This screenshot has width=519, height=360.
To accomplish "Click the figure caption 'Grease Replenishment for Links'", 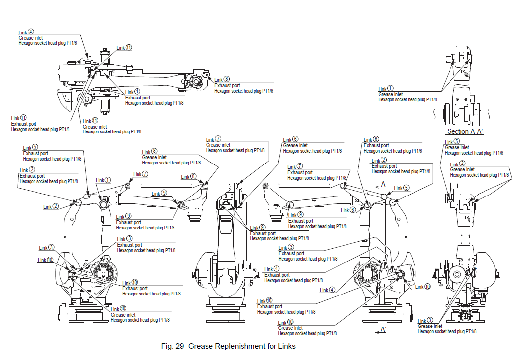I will pyautogui.click(x=228, y=346).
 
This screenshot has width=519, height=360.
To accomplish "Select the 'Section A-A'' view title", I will pyautogui.click(x=465, y=131).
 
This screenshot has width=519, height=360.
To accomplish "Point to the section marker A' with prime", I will pyautogui.click(x=383, y=329).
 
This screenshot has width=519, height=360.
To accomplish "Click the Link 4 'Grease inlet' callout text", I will pyautogui.click(x=30, y=38).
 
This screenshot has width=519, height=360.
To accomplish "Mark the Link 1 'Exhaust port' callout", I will pyautogui.click(x=138, y=98).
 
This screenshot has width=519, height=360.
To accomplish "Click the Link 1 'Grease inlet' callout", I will pyautogui.click(x=390, y=94).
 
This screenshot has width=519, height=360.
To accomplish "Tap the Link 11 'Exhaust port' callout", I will pyautogui.click(x=23, y=124).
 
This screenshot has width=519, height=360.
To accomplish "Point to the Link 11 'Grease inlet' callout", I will pyautogui.click(x=95, y=127).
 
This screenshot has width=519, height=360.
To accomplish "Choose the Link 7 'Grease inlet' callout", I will pyautogui.click(x=218, y=145).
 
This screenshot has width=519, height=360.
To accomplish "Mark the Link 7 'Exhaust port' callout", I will pyautogui.click(x=300, y=172).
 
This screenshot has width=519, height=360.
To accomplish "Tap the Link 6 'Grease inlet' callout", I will pyautogui.click(x=295, y=145).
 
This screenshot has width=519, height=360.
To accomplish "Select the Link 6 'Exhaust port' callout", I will pyautogui.click(x=376, y=145).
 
